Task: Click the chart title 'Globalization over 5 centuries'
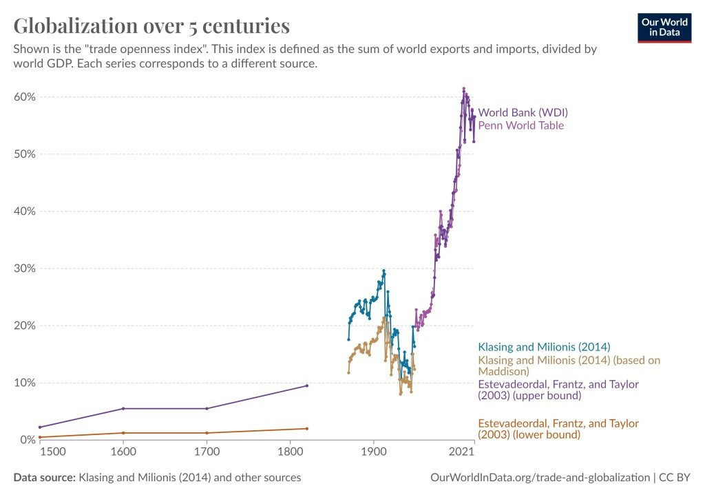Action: pyautogui.click(x=151, y=26)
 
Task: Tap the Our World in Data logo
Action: pyautogui.click(x=665, y=27)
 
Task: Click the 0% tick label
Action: pyautogui.click(x=27, y=440)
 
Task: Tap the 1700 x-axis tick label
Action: pyautogui.click(x=207, y=452)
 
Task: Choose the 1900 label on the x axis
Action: pyautogui.click(x=373, y=452)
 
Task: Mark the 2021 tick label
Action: pyautogui.click(x=461, y=452)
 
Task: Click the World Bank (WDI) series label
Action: pyautogui.click(x=523, y=112)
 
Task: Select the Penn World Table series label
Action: pyautogui.click(x=520, y=125)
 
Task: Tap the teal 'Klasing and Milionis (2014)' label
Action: pyautogui.click(x=544, y=347)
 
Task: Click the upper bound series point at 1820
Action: pyautogui.click(x=306, y=385)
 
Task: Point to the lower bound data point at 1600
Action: pyautogui.click(x=123, y=433)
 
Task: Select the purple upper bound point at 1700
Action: pyautogui.click(x=207, y=408)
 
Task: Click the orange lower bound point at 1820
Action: pyautogui.click(x=306, y=429)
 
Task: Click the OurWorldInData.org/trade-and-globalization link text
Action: pyautogui.click(x=539, y=477)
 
